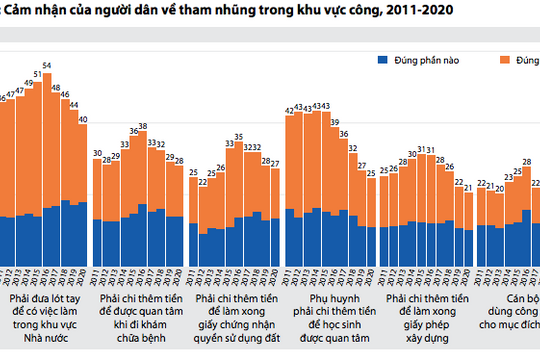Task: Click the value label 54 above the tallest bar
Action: coord(46,67)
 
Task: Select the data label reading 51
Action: coord(37,75)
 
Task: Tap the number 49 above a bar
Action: coord(28,85)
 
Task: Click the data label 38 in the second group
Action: coord(143,127)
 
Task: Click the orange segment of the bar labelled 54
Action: coord(46,140)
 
